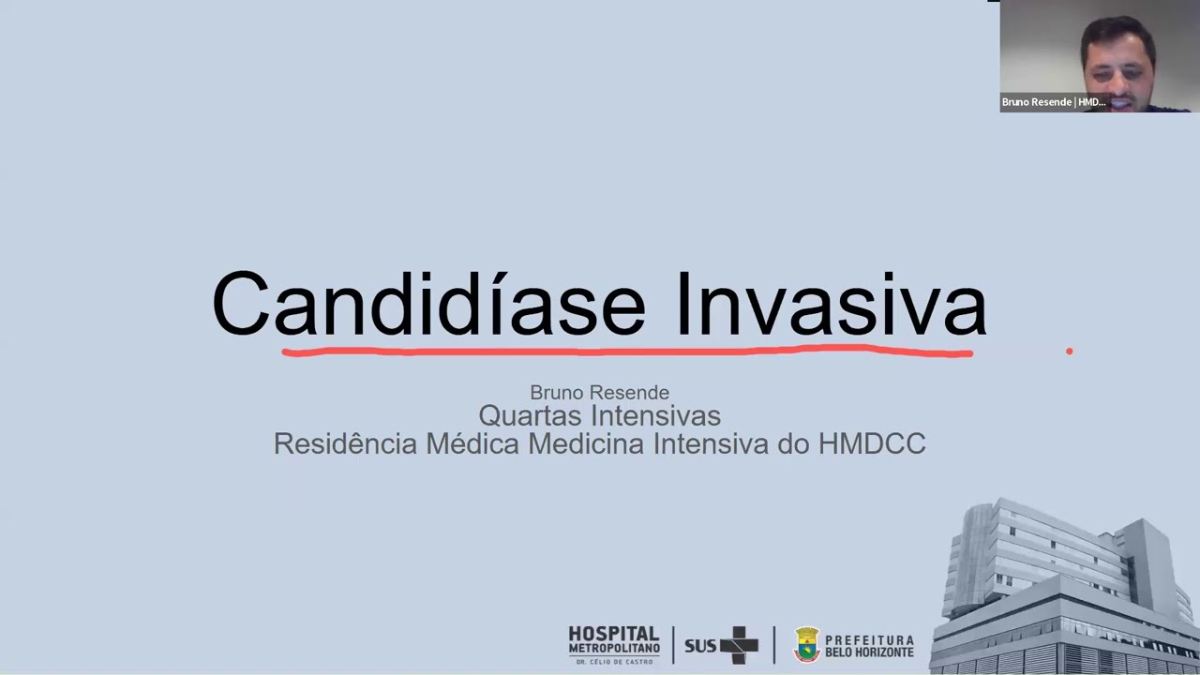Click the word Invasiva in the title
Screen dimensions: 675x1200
pos(831,304)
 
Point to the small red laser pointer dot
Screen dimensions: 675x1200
pos(1069,352)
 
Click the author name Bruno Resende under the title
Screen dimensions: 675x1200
pos(599,392)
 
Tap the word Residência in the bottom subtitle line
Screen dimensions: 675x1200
pos(345,443)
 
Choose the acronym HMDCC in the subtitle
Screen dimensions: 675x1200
pos(872,443)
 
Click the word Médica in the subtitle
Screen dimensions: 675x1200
pos(472,443)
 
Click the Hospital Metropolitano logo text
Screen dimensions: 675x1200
pos(614,640)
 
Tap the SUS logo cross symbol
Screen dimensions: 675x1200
pos(740,645)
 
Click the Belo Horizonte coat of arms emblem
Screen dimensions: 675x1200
pos(806,645)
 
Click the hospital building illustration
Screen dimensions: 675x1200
pos(1065,586)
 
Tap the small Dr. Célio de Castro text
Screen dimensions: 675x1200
pos(614,662)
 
